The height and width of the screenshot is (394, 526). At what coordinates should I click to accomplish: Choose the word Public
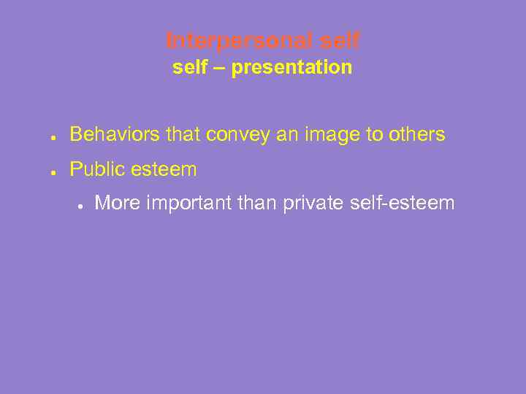[97, 170]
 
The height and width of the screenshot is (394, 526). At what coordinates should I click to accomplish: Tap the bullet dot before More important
[80, 205]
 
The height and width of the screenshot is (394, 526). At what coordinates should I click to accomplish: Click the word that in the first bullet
[183, 135]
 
